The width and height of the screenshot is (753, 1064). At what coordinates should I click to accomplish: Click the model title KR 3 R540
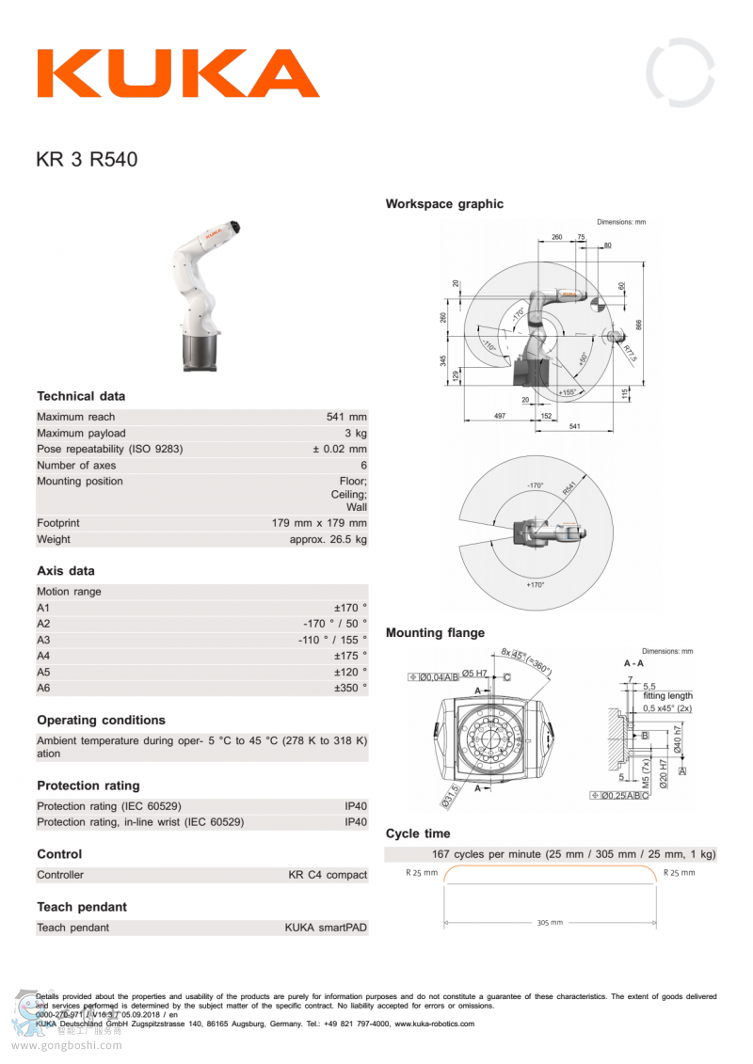(x=87, y=160)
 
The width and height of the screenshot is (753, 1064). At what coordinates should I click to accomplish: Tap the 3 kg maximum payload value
(x=356, y=433)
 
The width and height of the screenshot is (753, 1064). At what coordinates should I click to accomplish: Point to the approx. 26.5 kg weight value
(x=328, y=540)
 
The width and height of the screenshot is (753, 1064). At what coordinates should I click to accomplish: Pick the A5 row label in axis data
(x=43, y=673)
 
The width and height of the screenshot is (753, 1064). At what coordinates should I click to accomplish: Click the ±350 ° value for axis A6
(x=350, y=689)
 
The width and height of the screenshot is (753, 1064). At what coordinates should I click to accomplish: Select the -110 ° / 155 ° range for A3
(x=332, y=641)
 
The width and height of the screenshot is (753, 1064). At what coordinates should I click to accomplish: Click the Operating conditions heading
(x=101, y=721)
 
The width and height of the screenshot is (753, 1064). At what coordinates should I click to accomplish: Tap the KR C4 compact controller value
(x=328, y=875)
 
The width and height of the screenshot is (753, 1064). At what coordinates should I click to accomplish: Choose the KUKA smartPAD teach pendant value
(x=326, y=928)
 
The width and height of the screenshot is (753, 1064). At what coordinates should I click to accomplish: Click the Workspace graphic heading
(x=444, y=204)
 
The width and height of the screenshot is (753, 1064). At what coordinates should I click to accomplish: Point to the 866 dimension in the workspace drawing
(x=639, y=324)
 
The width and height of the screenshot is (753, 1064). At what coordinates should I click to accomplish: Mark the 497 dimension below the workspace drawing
(x=500, y=415)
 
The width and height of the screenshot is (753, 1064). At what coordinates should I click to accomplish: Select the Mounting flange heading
(x=435, y=633)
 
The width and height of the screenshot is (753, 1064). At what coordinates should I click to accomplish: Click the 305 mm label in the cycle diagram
(x=551, y=923)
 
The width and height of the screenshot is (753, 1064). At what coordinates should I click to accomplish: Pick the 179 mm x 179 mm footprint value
(x=319, y=523)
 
